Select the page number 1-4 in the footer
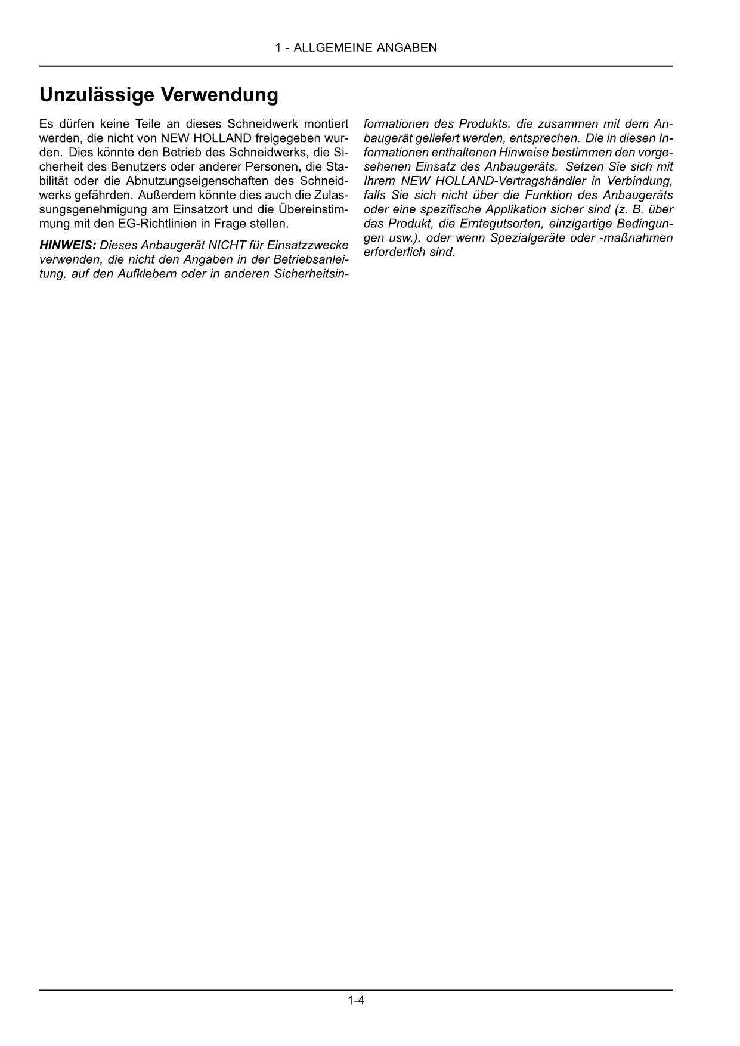356,1000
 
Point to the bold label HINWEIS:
67,245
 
